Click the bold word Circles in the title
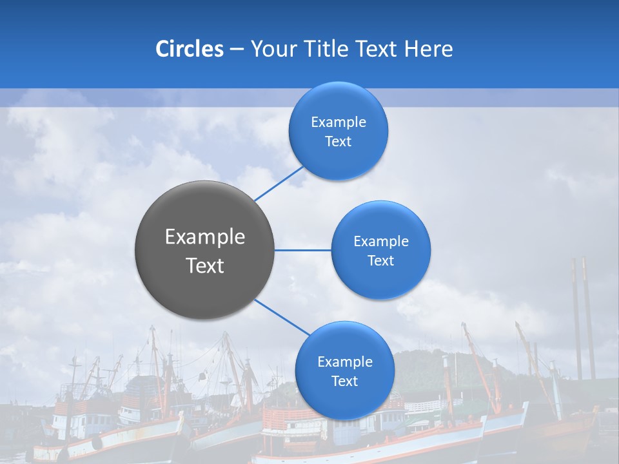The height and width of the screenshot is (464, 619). coord(189,49)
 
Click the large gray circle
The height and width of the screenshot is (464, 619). coord(204,250)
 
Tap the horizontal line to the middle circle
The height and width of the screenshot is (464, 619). coord(303,250)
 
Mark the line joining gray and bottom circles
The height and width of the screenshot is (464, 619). coord(282,317)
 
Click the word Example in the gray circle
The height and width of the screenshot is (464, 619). coord(204,237)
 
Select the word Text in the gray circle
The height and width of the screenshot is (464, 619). coord(204,266)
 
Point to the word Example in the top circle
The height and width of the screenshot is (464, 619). coord(338,122)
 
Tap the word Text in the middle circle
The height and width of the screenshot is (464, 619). coord(380,261)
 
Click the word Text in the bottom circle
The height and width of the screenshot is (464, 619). coord(344,382)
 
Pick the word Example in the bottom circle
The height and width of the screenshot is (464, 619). coord(344,362)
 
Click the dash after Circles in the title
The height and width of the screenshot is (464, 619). coord(237,49)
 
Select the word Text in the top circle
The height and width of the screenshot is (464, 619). coord(338,142)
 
